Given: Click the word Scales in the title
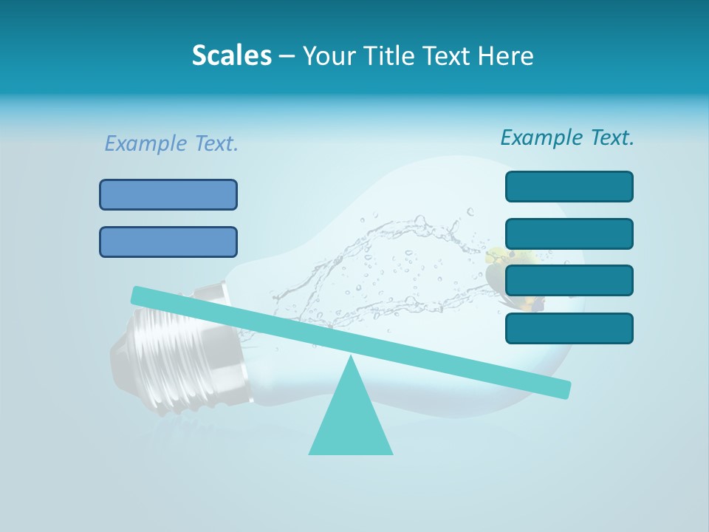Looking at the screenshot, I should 231,55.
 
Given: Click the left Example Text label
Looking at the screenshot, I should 171,143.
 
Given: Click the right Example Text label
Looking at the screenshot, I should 567,137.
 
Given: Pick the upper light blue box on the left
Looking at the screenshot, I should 168,194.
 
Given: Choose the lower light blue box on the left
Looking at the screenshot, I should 168,242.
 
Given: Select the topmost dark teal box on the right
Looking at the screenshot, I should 569,186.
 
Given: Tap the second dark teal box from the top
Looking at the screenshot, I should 569,233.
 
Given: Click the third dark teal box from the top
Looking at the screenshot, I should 569,280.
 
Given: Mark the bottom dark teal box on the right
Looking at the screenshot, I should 569,328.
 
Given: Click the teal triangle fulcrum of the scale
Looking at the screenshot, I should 351,421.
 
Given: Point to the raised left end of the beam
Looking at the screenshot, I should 140,296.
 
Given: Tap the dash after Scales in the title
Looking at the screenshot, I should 287,56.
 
